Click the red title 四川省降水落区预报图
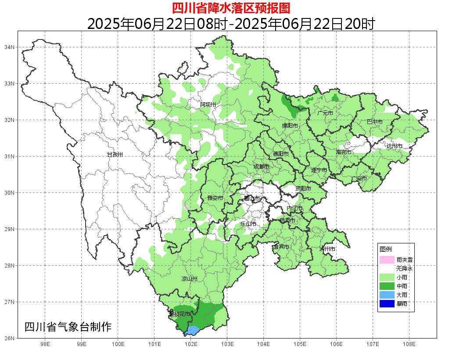(231, 8)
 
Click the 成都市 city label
(262, 167)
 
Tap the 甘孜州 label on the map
(115, 155)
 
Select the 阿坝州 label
(208, 104)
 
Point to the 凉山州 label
(190, 279)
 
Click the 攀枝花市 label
(179, 314)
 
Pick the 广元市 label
(325, 113)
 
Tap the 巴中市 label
(374, 121)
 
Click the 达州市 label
(394, 146)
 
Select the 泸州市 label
(327, 249)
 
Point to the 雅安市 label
(215, 198)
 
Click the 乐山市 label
(248, 224)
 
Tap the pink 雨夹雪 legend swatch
(387, 260)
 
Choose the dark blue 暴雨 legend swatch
(387, 303)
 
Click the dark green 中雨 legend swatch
(387, 286)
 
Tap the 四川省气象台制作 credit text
(68, 327)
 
